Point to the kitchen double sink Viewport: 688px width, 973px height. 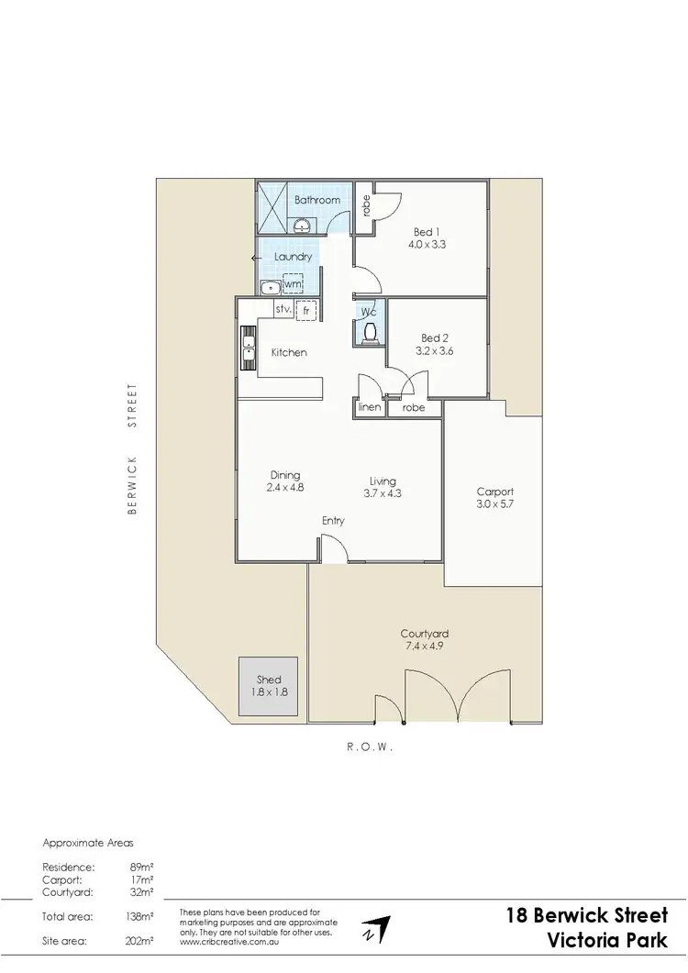coord(248,348)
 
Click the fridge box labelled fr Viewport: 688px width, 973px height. coord(305,310)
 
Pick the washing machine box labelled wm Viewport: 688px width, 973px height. coord(293,285)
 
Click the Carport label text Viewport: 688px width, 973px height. coord(494,492)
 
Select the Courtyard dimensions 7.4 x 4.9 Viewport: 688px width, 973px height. coord(424,646)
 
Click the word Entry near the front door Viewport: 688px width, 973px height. coord(333,521)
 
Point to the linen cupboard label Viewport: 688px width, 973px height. coord(369,407)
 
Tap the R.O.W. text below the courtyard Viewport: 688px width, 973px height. coord(371,747)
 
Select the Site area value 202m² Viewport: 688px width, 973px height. coord(140,941)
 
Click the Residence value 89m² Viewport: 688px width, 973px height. coord(142,867)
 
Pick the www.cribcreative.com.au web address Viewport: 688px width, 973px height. coord(230,941)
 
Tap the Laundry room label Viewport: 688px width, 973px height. coord(294,257)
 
